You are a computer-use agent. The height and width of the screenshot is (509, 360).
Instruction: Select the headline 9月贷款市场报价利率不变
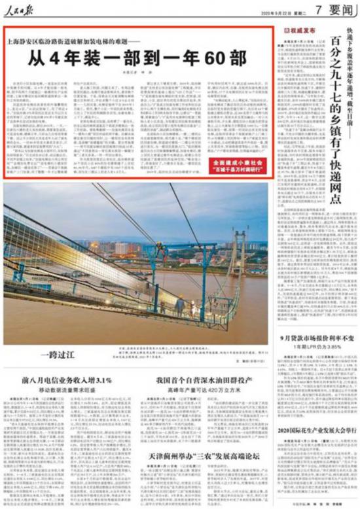315,338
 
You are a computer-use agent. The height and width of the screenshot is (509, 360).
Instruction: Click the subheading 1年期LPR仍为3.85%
316,346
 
